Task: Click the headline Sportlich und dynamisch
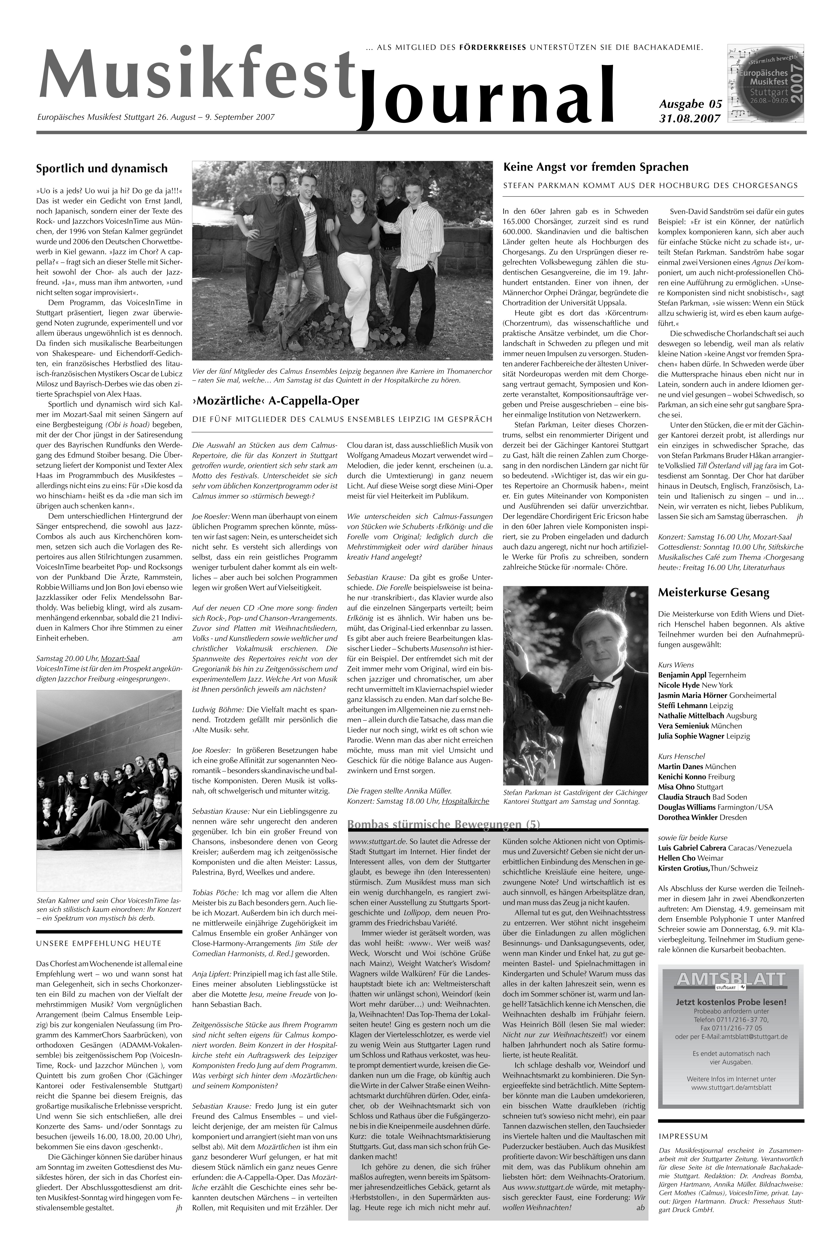(x=102, y=168)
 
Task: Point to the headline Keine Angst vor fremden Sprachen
(x=596, y=167)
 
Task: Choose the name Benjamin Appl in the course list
(x=683, y=675)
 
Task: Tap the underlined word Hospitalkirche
(x=465, y=801)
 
